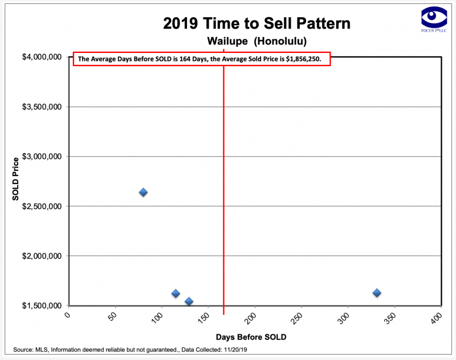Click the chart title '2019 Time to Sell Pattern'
[256, 24]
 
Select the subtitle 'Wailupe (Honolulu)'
[256, 42]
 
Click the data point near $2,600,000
[143, 192]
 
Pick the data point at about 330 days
[377, 293]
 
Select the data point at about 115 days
[176, 293]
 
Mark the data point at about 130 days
[189, 301]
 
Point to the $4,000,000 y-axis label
[40, 58]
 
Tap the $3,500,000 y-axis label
[40, 107]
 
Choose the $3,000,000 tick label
[40, 157]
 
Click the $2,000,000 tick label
[40, 256]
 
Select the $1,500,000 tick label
[40, 306]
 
